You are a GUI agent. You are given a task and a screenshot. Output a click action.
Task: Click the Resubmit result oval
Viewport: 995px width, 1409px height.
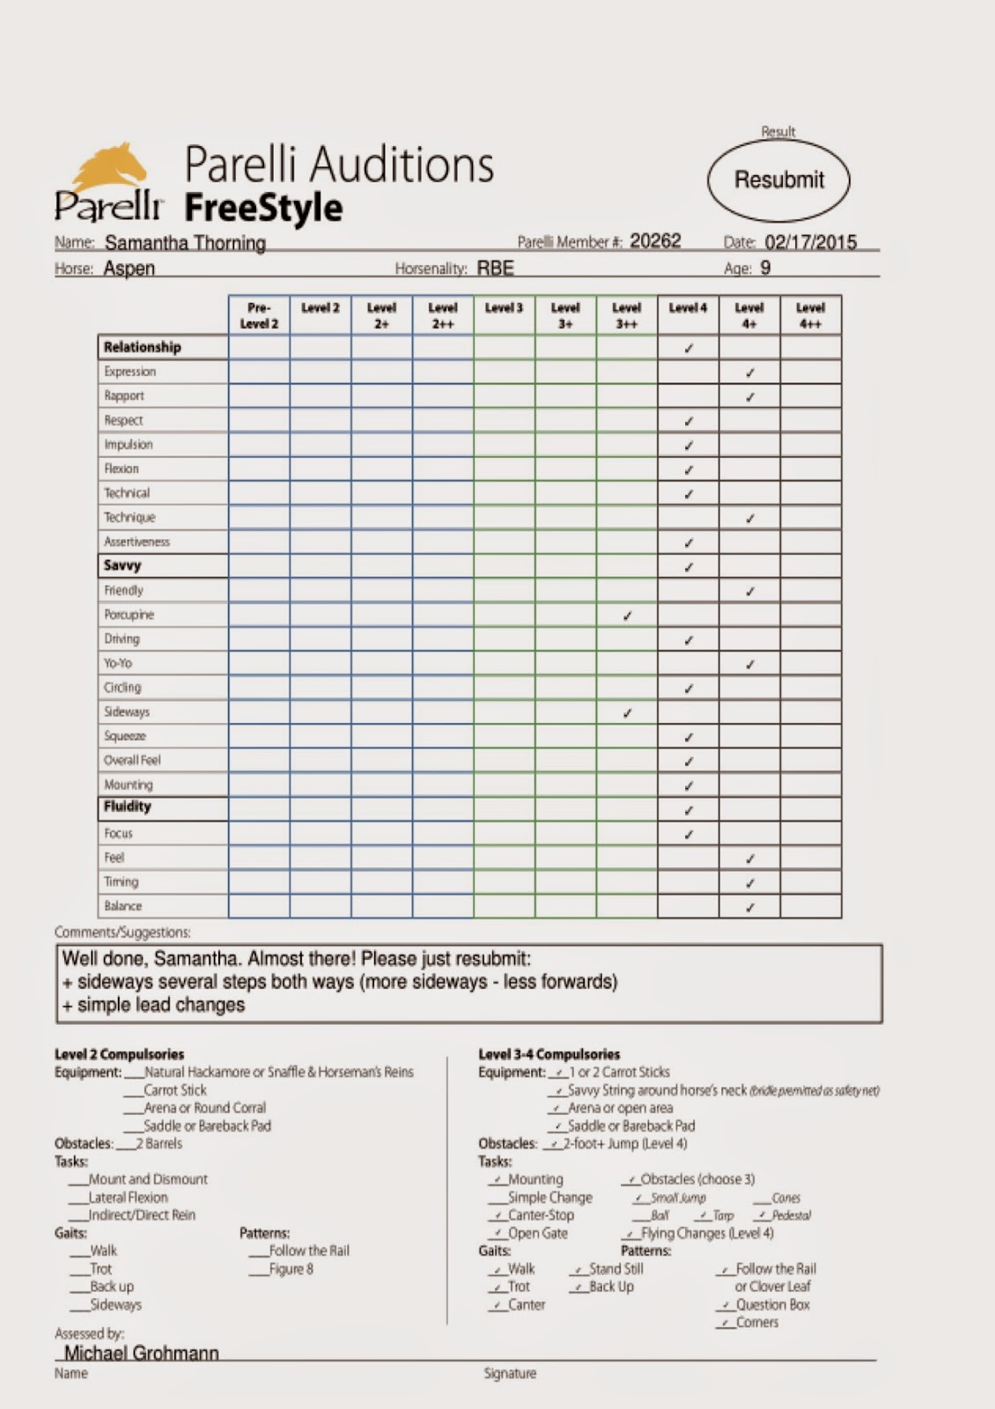(x=778, y=181)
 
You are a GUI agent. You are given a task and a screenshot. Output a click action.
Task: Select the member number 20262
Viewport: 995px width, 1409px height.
(x=655, y=241)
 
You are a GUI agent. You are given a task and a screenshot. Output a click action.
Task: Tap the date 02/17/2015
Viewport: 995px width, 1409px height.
(x=810, y=242)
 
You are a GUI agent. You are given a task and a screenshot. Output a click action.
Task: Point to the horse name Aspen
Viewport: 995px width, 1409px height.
(x=129, y=269)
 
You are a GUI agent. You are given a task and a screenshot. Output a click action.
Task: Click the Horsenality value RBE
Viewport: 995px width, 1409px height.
(x=496, y=269)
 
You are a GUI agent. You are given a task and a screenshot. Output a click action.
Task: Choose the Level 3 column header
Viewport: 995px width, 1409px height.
(x=504, y=308)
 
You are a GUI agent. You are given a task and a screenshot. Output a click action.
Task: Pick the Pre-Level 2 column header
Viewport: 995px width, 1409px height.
(x=259, y=315)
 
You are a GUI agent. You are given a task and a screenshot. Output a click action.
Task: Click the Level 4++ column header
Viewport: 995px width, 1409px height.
(x=810, y=315)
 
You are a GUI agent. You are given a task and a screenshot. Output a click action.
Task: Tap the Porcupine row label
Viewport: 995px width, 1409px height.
(x=129, y=615)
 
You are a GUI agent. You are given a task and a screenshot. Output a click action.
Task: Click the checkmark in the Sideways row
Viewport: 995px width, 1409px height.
(x=627, y=712)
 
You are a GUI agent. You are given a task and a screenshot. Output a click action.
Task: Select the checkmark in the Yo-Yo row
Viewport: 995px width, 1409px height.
(x=749, y=664)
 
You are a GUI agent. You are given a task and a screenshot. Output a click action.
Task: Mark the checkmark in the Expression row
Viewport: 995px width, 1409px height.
(x=749, y=373)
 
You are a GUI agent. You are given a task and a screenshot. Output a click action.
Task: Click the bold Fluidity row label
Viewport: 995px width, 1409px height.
(x=128, y=807)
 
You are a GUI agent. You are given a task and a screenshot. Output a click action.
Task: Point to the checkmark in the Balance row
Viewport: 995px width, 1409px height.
(x=749, y=907)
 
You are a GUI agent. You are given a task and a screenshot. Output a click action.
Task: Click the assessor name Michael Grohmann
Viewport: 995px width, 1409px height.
(x=141, y=1354)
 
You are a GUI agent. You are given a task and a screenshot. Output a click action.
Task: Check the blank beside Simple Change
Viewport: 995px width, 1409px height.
(x=497, y=1199)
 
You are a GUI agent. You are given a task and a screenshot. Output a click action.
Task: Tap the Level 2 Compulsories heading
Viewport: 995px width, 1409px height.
(x=120, y=1054)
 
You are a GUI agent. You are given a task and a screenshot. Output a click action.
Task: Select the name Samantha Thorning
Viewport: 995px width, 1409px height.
(x=185, y=243)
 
